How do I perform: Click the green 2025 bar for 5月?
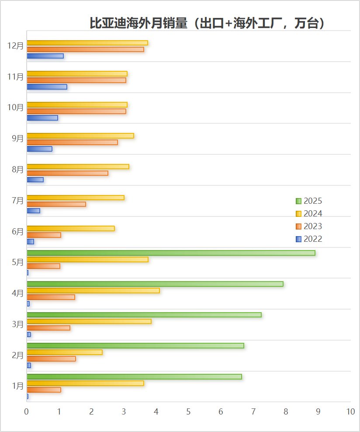click(170, 253)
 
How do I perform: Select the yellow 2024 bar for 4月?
click(93, 290)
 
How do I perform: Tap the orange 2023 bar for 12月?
click(85, 49)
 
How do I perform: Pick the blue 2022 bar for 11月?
click(47, 87)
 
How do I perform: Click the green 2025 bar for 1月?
click(134, 376)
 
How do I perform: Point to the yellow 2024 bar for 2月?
click(65, 352)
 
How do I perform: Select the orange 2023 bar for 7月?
click(56, 204)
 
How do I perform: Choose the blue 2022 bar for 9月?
click(39, 149)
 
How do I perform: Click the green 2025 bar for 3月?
click(144, 315)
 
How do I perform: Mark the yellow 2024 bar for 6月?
click(71, 228)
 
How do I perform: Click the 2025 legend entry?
click(309, 201)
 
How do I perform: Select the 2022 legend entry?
click(309, 239)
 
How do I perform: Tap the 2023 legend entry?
click(309, 226)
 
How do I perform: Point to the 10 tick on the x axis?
click(350, 411)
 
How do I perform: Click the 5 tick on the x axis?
click(188, 411)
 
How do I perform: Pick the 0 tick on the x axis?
click(27, 411)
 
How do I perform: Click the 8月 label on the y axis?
click(18, 169)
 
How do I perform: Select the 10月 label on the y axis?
click(16, 107)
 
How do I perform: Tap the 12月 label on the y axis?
click(16, 45)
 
